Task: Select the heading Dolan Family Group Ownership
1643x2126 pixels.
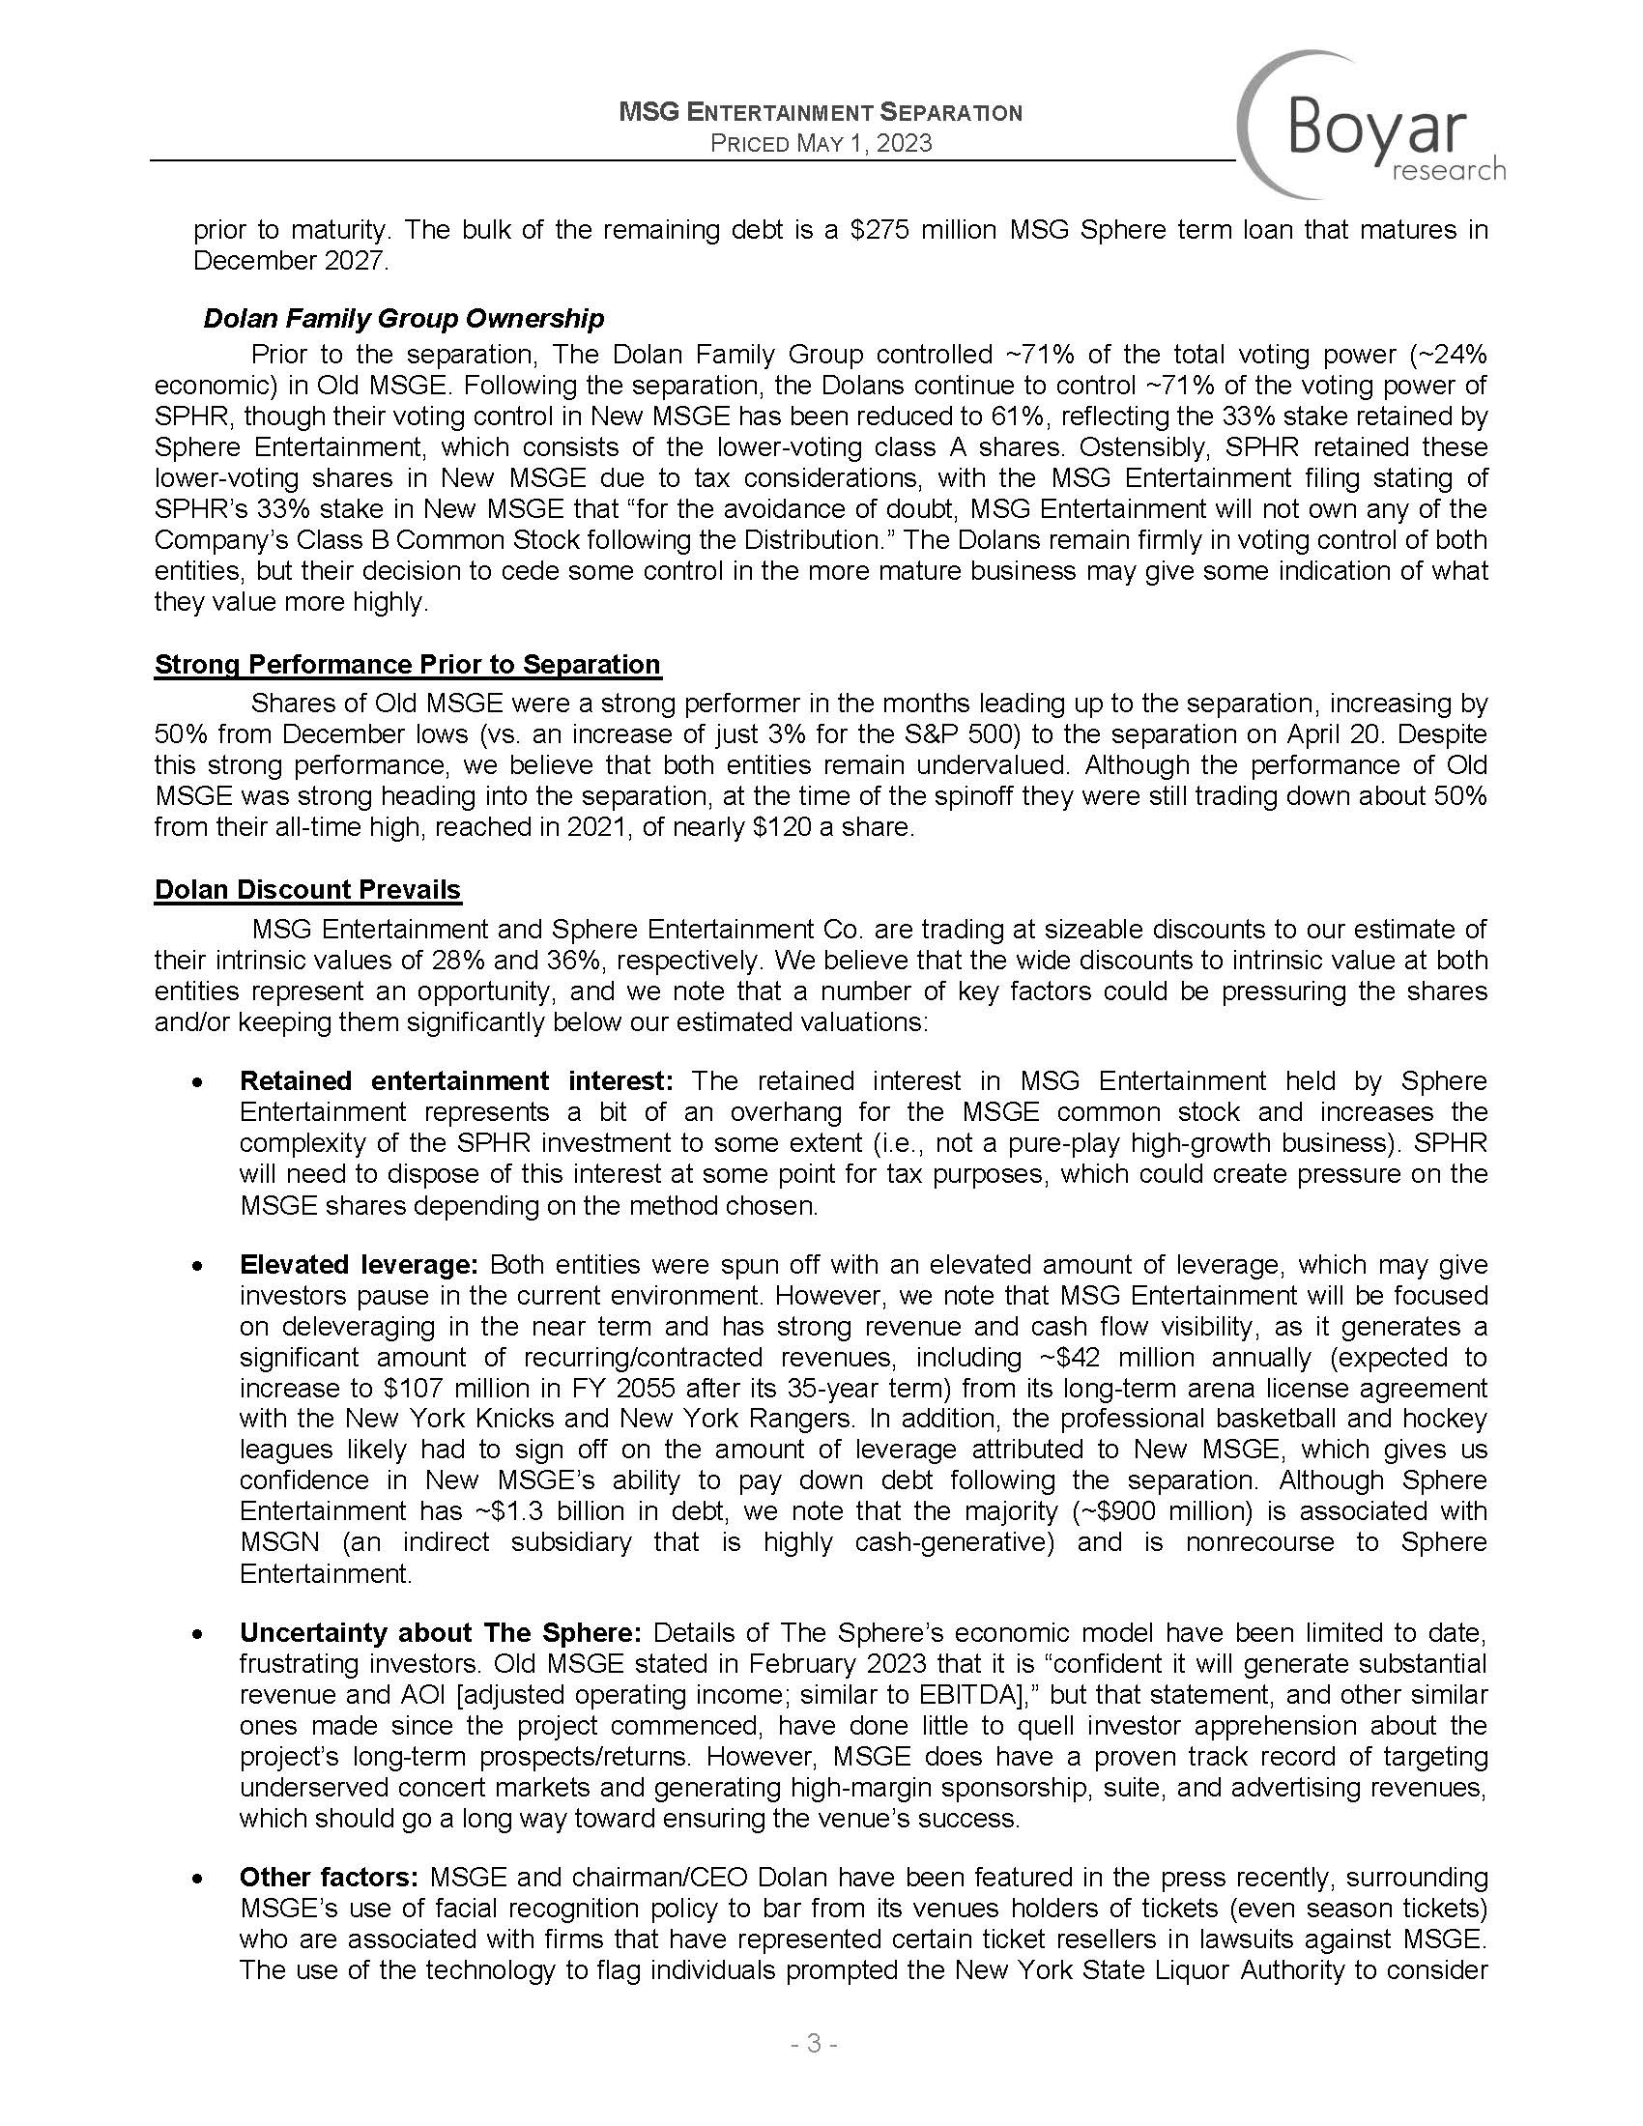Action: point(403,318)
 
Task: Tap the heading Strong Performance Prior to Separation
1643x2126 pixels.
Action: point(407,664)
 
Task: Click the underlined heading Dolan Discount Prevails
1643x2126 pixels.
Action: point(307,889)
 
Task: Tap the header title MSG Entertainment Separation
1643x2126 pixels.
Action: point(821,113)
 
